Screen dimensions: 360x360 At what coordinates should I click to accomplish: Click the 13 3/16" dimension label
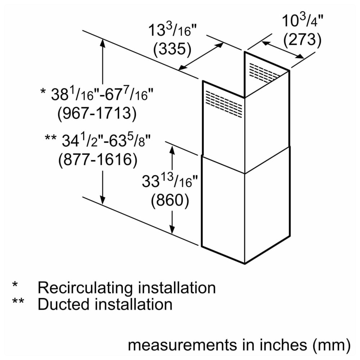pyautogui.click(x=172, y=31)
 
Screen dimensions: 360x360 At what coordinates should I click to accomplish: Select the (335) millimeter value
pyautogui.click(x=172, y=50)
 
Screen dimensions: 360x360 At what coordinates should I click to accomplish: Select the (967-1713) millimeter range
pyautogui.click(x=97, y=114)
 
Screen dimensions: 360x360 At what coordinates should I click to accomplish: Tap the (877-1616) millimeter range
pyautogui.click(x=98, y=159)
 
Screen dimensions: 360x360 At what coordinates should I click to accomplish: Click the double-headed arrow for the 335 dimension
pyautogui.click(x=201, y=55)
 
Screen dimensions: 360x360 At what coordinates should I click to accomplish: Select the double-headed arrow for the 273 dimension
pyautogui.click(x=283, y=50)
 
